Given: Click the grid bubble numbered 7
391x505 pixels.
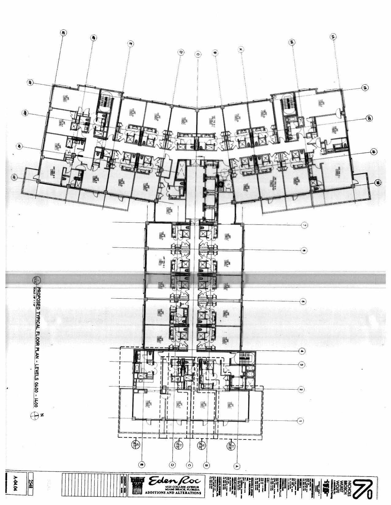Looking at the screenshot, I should [304, 225].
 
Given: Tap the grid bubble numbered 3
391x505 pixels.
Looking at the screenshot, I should [302, 364].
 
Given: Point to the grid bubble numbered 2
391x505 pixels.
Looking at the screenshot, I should [301, 390].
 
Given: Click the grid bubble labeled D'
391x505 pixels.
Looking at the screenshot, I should [181, 53].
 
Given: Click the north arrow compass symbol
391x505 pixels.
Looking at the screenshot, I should [36, 415].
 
